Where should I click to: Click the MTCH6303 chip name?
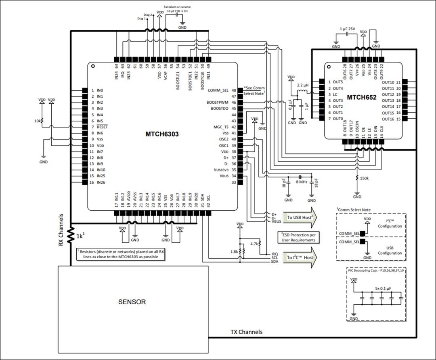click(162, 134)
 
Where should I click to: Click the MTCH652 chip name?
click(361, 97)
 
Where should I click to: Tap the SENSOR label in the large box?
click(132, 301)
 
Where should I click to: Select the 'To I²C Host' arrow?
click(300, 257)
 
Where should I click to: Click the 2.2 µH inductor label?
click(303, 86)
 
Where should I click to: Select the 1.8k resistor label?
click(234, 251)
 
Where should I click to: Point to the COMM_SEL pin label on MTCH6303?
click(218, 90)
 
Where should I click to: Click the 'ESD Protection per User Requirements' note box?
click(298, 237)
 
